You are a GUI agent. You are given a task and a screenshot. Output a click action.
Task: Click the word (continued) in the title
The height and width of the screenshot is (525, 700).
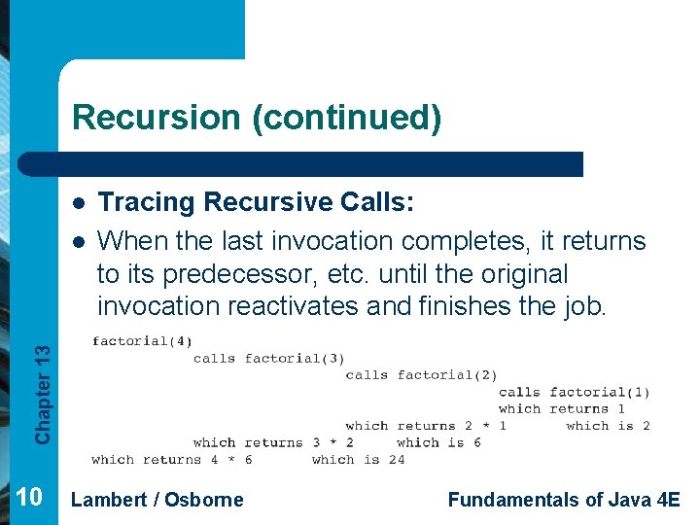point(346,118)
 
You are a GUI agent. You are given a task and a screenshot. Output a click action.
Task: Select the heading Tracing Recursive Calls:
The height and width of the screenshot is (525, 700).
point(258,202)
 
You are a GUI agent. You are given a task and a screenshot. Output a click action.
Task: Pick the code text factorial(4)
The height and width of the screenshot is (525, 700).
point(142,341)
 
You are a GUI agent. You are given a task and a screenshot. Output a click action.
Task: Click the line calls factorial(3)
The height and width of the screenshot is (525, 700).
point(269,359)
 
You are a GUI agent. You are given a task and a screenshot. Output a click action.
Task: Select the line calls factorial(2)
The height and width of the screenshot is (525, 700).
point(421,375)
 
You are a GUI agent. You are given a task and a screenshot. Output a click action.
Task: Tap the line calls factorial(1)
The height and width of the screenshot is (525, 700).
point(574,393)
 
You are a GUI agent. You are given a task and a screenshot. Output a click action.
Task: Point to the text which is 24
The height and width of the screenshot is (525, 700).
point(358,460)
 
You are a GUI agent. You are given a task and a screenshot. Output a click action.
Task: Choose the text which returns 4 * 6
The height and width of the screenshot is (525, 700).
point(172,460)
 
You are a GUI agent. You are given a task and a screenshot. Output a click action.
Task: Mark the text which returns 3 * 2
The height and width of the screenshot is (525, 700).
point(273,442)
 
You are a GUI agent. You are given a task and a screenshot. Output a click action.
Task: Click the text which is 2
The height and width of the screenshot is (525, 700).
point(608,426)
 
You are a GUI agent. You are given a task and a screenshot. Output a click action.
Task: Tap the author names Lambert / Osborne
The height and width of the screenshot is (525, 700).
point(157,500)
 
